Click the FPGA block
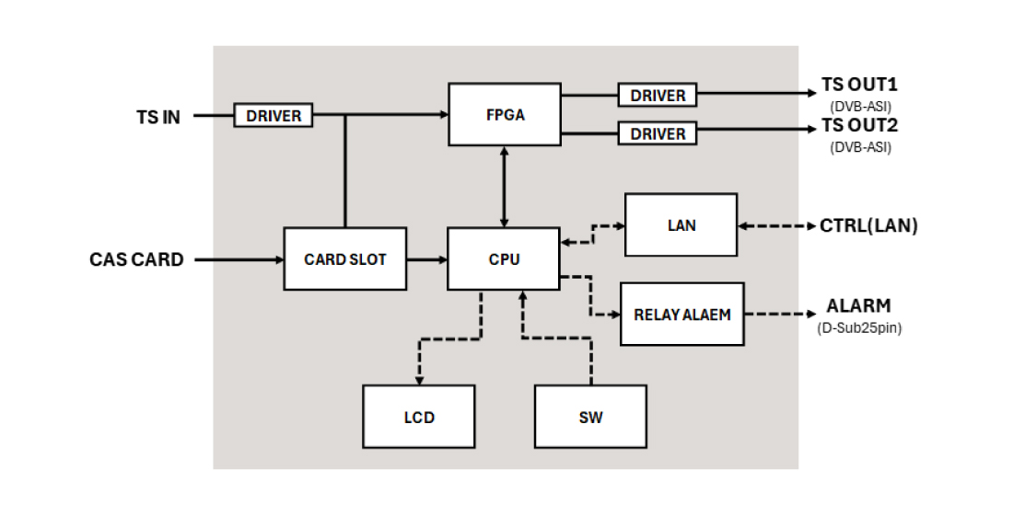pos(504,114)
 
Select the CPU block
pos(504,258)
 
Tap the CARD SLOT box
pos(344,258)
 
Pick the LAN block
pos(681,224)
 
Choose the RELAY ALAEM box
pos(681,314)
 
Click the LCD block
pos(418,417)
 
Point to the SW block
pos(590,417)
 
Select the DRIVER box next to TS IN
pos(274,116)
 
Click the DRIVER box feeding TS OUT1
pos(658,95)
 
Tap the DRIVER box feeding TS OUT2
pos(658,133)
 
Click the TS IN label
pos(158,117)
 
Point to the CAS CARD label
pos(136,259)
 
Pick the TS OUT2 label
pos(859,126)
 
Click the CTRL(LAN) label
pos(868,225)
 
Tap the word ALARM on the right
pos(858,306)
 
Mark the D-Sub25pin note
pos(858,327)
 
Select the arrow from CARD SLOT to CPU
pos(426,259)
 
